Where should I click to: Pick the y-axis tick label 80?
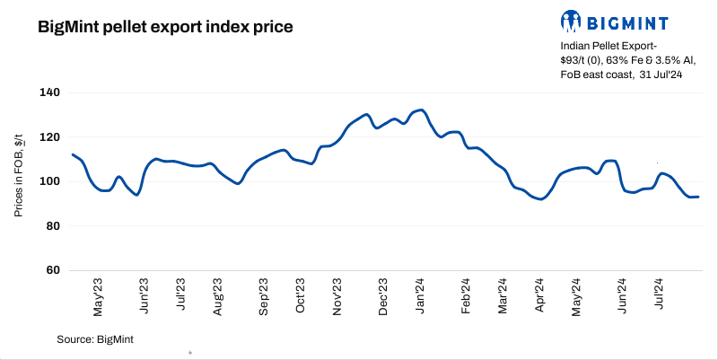53,226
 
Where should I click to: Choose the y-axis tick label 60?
53,270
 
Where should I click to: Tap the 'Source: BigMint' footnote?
95,338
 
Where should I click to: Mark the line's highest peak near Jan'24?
422,110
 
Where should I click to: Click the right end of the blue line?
698,197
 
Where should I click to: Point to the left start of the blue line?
72,154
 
